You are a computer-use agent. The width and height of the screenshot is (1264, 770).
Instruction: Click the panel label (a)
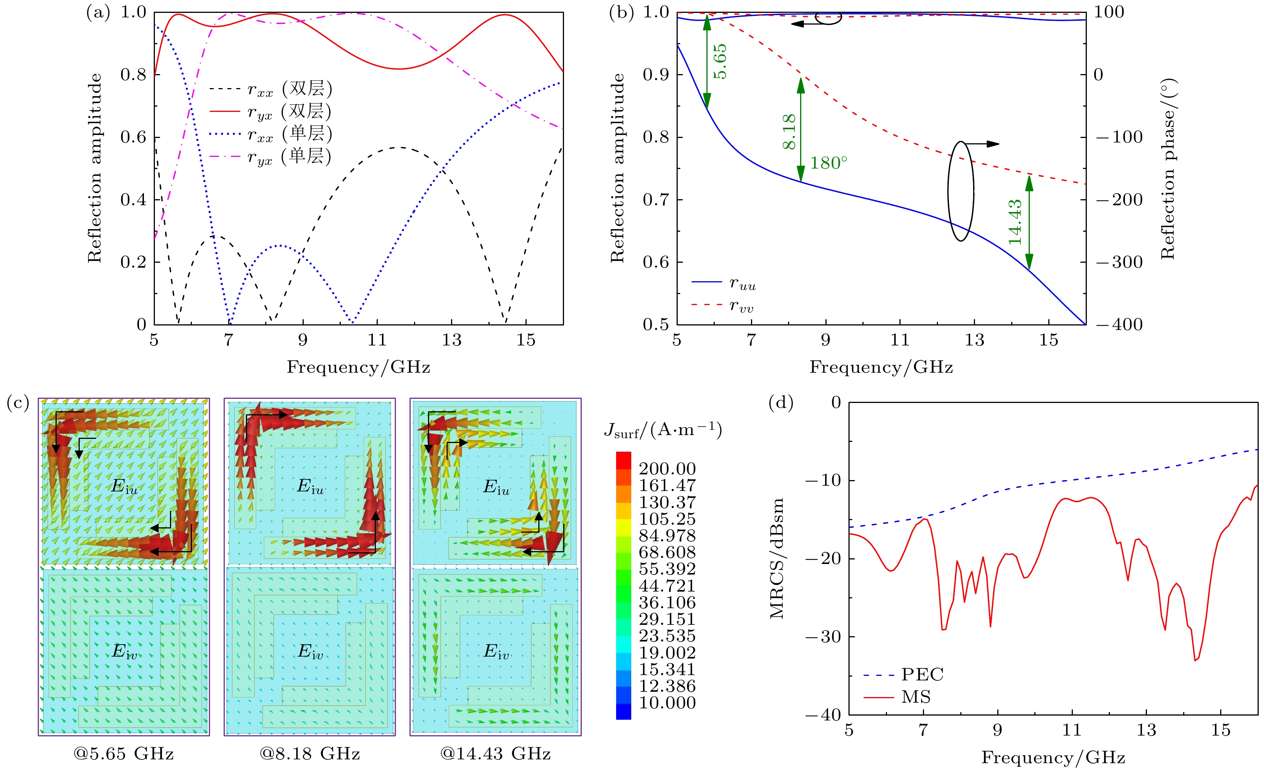pyautogui.click(x=98, y=12)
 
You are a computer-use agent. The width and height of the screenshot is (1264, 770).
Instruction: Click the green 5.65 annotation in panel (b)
pyautogui.click(x=720, y=61)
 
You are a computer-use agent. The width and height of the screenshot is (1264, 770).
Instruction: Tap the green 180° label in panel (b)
pyautogui.click(x=828, y=163)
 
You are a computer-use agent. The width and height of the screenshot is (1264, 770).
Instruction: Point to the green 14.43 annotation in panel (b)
pyautogui.click(x=1015, y=222)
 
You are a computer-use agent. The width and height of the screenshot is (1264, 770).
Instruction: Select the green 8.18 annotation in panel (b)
pyautogui.click(x=789, y=132)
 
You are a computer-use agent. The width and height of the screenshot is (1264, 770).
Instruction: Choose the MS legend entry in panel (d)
pyautogui.click(x=916, y=697)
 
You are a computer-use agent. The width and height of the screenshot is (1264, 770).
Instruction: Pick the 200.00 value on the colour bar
pyautogui.click(x=667, y=469)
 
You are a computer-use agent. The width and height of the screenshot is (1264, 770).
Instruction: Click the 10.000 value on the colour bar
pyautogui.click(x=667, y=703)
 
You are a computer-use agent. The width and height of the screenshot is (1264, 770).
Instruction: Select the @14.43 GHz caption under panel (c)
pyautogui.click(x=496, y=754)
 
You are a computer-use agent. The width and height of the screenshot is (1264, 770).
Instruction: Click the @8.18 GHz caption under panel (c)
pyautogui.click(x=310, y=754)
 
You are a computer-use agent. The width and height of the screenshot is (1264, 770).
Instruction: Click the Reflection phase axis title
pyautogui.click(x=1168, y=169)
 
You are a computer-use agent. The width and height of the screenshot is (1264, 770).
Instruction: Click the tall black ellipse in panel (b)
pyautogui.click(x=960, y=191)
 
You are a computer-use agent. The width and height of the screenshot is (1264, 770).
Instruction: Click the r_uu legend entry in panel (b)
pyautogui.click(x=742, y=284)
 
